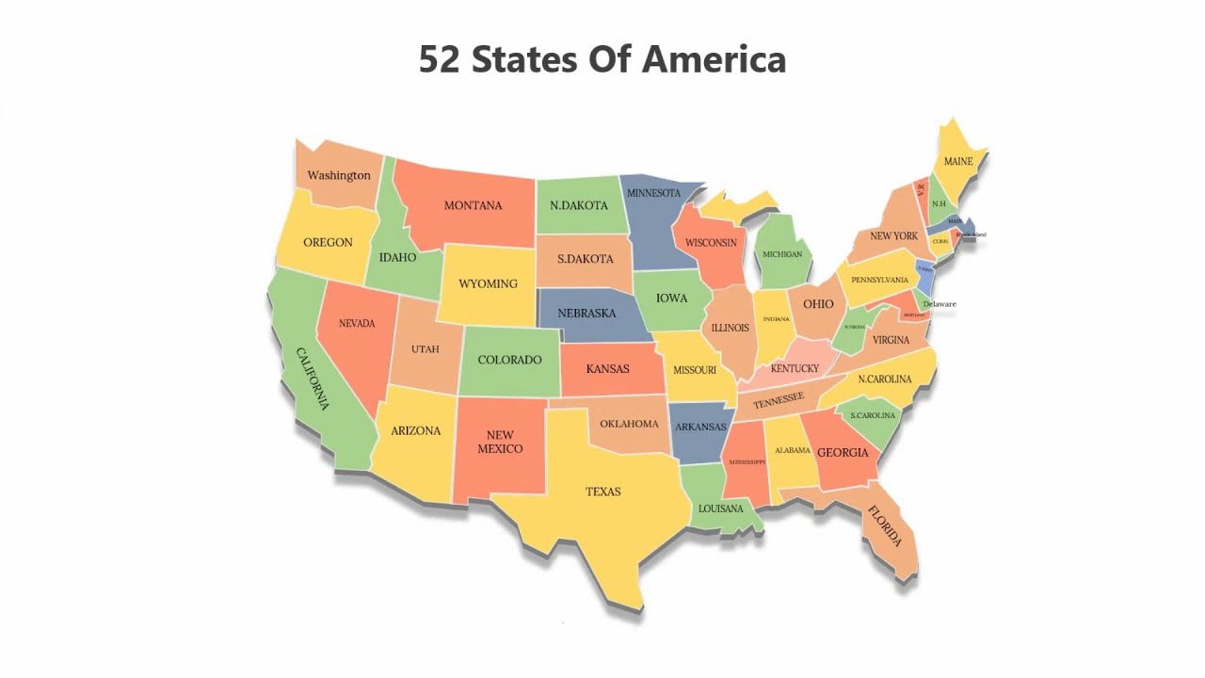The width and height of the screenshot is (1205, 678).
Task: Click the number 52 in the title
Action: point(440,59)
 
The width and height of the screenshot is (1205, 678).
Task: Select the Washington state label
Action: point(339,175)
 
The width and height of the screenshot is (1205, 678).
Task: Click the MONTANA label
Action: point(473,205)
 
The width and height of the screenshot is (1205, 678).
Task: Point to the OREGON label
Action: point(328,242)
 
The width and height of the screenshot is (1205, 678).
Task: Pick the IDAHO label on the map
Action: point(397,257)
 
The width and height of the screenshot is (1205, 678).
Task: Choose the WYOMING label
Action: point(488,283)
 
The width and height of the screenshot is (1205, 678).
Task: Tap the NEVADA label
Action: point(357,323)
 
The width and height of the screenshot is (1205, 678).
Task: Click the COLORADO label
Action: point(509,360)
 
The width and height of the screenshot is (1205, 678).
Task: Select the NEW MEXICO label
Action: point(500,442)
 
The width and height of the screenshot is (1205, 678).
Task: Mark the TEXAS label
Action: point(602,492)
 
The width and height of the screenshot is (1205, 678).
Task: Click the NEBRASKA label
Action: point(586,313)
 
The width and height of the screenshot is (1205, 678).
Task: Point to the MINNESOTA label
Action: point(653,193)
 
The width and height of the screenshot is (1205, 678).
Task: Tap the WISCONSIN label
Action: point(711,243)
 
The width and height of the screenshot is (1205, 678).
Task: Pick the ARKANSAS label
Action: point(700,427)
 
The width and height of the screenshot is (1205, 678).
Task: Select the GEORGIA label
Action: point(843,453)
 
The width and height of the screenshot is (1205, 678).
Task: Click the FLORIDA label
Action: point(885,526)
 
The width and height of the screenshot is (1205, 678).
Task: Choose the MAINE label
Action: point(958,161)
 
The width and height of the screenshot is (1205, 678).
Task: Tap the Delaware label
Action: point(940,304)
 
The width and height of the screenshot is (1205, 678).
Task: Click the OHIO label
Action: point(818,304)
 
